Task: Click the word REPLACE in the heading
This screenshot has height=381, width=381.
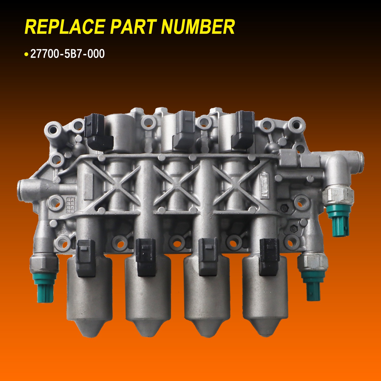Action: pyautogui.click(x=65, y=27)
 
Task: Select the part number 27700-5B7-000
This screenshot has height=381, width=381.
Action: pyautogui.click(x=67, y=54)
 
